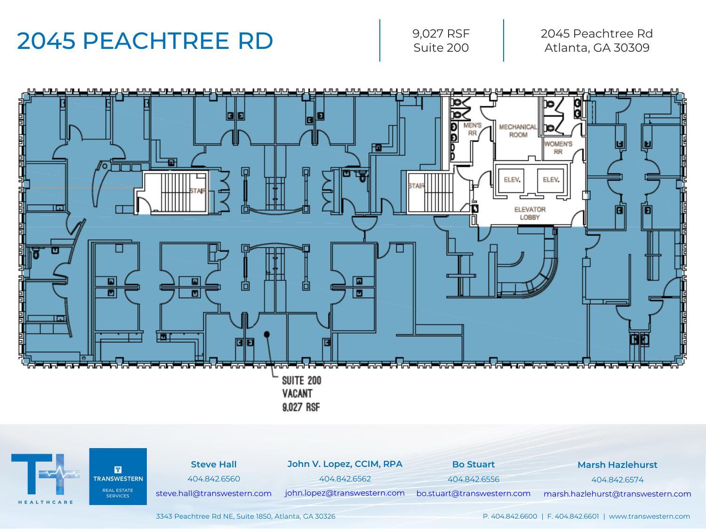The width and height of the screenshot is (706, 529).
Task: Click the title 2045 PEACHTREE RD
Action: [x=145, y=40]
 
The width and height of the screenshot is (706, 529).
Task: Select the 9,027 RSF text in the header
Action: [x=441, y=33]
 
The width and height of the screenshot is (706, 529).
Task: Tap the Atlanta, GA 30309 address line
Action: [x=597, y=48]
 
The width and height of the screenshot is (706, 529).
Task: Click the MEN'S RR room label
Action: [x=472, y=129]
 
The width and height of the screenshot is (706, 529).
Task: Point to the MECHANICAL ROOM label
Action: [x=518, y=131]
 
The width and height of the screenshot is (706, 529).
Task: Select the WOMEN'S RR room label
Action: [x=558, y=148]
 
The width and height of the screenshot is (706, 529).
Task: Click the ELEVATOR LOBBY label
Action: [x=530, y=213]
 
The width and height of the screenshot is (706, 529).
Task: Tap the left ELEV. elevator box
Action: [x=512, y=180]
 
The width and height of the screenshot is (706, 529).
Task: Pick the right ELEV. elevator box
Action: [x=551, y=180]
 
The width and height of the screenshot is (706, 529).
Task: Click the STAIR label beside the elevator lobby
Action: [x=416, y=186]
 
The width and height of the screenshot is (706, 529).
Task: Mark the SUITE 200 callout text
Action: [x=301, y=380]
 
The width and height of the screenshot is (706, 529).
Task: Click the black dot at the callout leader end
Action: [x=267, y=334]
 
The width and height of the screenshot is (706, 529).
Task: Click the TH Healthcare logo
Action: [x=45, y=477]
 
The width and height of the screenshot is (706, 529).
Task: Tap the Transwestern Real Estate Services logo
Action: [x=118, y=476]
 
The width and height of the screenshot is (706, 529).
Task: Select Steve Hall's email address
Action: [x=214, y=493]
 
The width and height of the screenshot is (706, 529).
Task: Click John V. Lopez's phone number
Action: [x=345, y=479]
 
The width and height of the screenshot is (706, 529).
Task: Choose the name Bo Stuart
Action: [x=473, y=464]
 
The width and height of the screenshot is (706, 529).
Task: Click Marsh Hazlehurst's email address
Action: [x=617, y=494]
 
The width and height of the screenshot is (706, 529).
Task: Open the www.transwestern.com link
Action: [x=649, y=516]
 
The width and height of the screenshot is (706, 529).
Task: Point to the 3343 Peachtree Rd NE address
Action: [x=245, y=516]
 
